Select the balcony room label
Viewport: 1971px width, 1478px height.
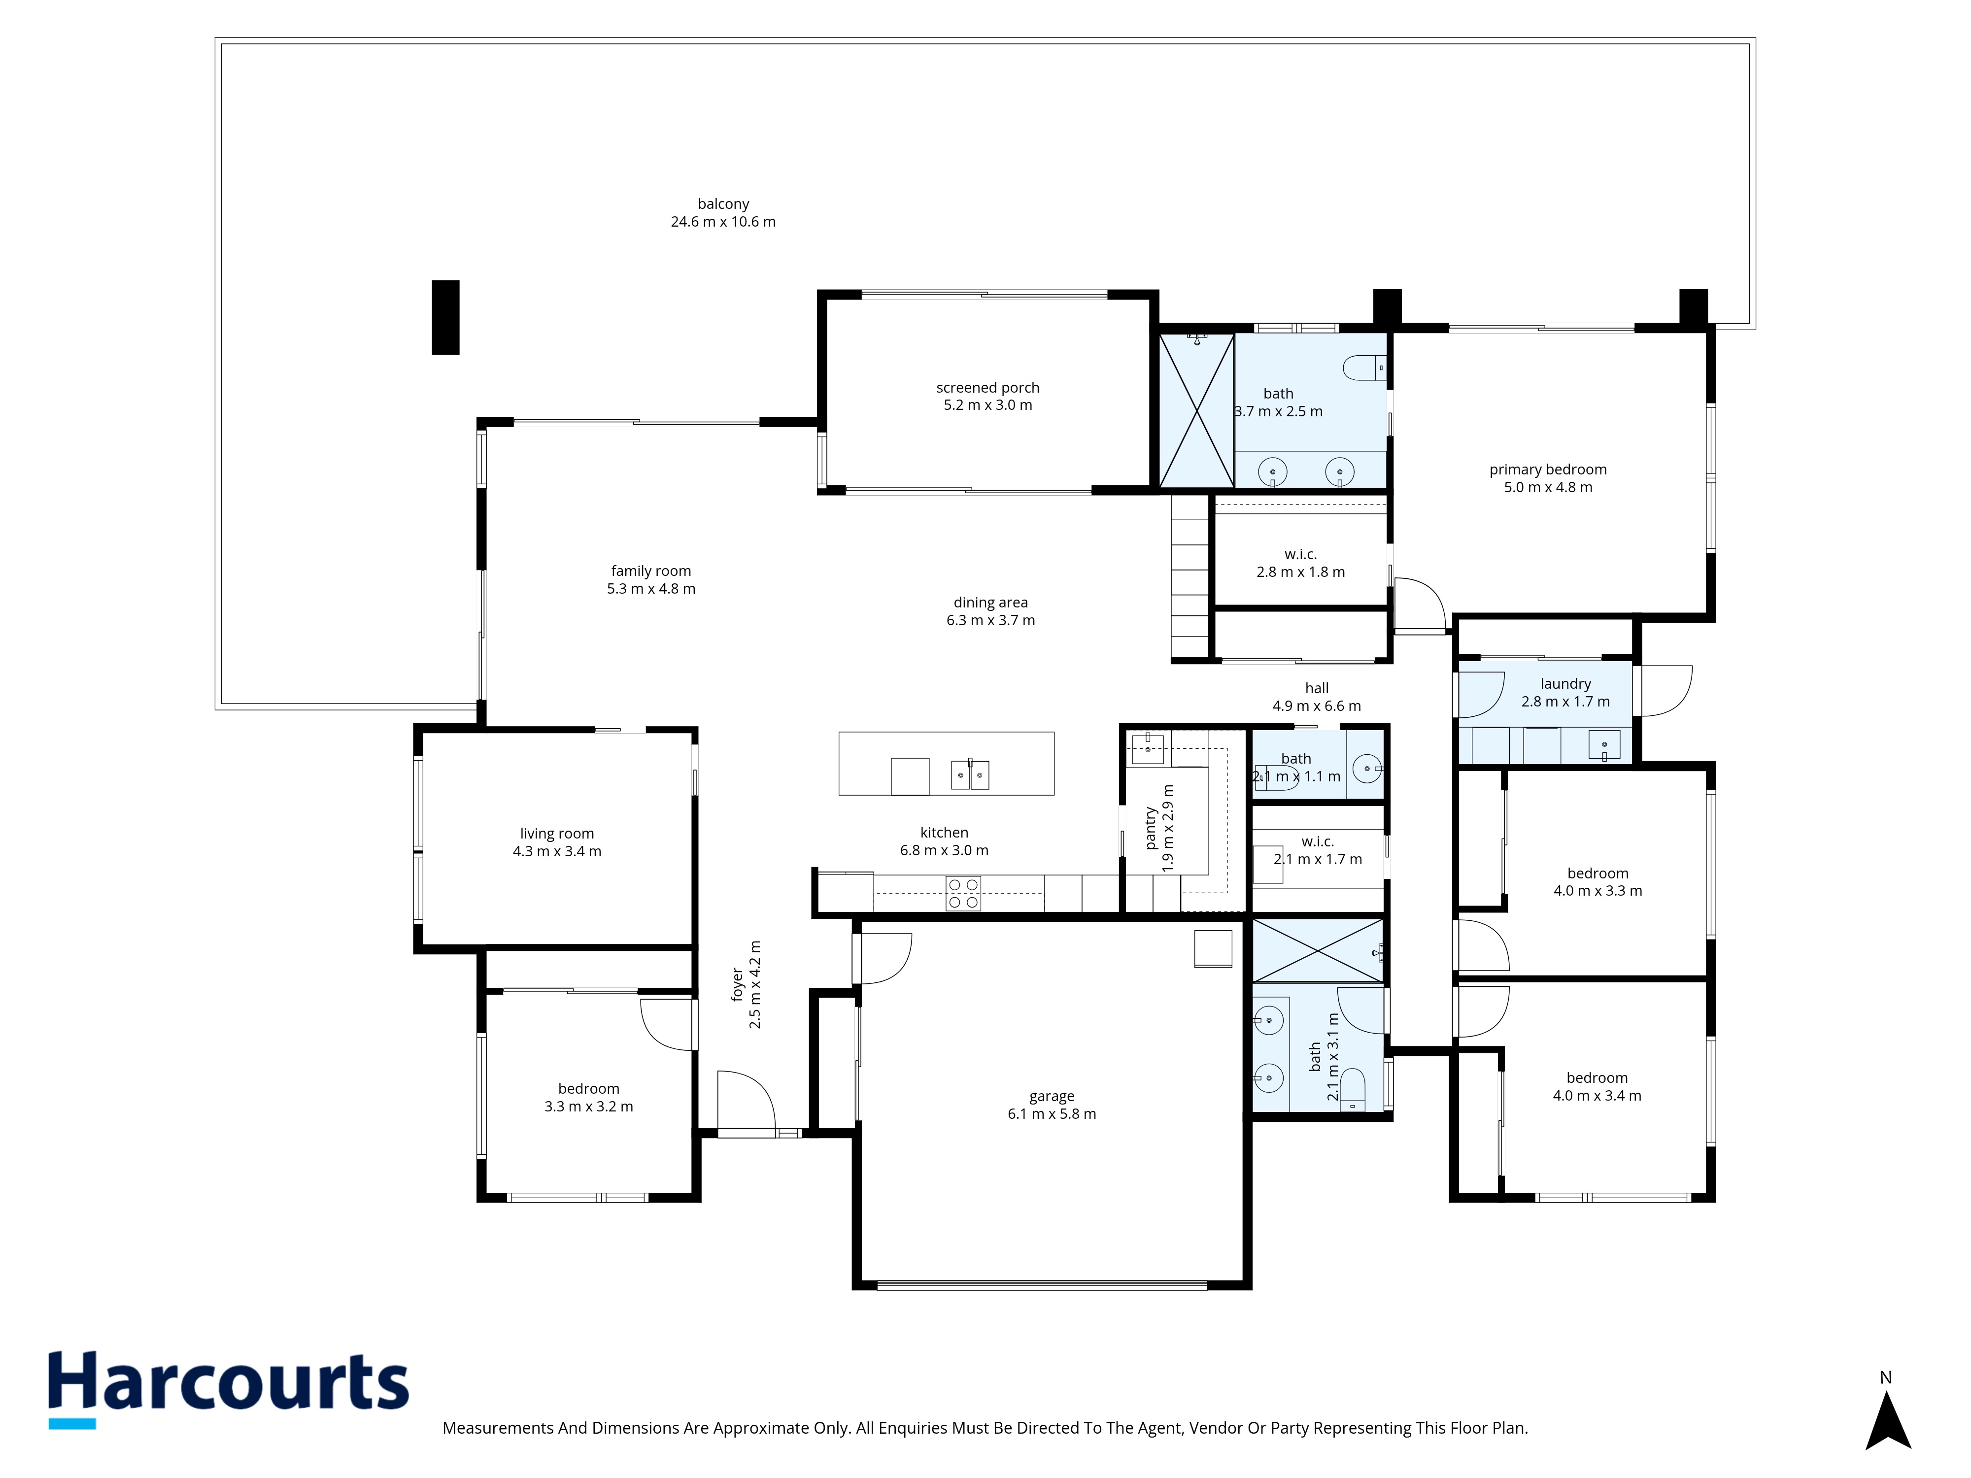[x=723, y=204]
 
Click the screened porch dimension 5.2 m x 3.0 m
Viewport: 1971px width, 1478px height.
[x=987, y=405]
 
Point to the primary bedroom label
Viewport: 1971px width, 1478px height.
[x=1548, y=470]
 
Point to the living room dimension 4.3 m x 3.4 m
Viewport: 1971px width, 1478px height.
[x=557, y=852]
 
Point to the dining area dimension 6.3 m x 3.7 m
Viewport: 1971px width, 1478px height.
[x=991, y=620]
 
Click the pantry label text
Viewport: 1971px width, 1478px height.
[x=1151, y=828]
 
